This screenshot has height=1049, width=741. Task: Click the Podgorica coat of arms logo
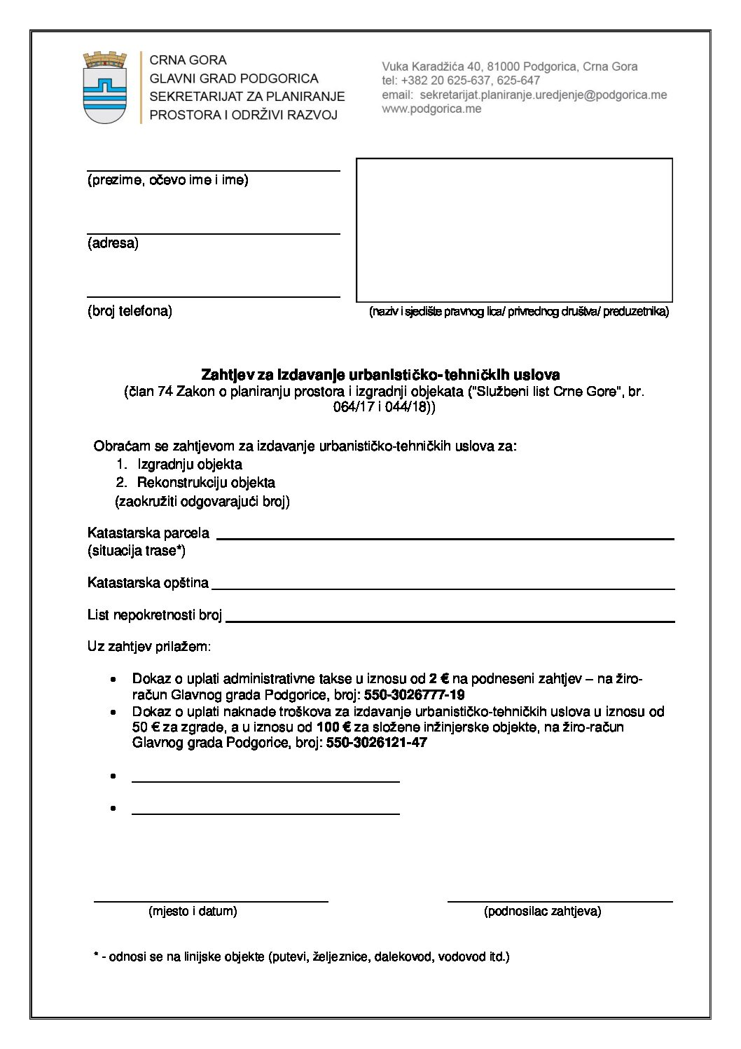tap(105, 87)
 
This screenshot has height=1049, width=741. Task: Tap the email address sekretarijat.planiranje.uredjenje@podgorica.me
tap(539, 95)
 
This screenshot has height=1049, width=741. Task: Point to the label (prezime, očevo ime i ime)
tap(167, 180)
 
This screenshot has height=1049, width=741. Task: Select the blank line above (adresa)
tap(213, 233)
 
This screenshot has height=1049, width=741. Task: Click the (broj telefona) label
tap(130, 310)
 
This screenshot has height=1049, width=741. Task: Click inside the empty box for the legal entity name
tap(514, 230)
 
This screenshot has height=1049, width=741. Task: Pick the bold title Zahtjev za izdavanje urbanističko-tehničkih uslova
tap(380, 375)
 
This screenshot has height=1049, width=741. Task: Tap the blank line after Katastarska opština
tap(443, 588)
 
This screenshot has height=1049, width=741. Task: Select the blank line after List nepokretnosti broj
tap(450, 620)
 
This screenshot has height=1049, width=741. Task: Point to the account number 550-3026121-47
tap(376, 742)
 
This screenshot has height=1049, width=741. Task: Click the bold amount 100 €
tap(333, 727)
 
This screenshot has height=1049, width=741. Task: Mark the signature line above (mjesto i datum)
tap(211, 900)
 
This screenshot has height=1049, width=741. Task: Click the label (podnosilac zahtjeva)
tap(542, 911)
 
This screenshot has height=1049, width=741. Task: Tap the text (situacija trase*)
tap(137, 551)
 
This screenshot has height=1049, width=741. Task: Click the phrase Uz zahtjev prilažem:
tap(149, 646)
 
